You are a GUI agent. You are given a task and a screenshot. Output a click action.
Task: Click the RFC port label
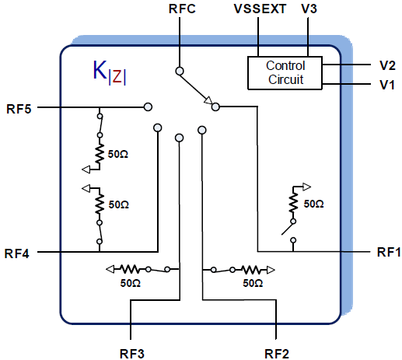pyautogui.click(x=182, y=9)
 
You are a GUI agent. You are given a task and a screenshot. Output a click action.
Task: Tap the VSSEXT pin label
pyautogui.click(x=260, y=9)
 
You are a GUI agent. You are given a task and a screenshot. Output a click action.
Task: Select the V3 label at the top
pyautogui.click(x=309, y=9)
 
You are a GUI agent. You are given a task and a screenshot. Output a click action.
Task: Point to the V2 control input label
pyautogui.click(x=387, y=65)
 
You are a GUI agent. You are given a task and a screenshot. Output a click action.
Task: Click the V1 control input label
pyautogui.click(x=387, y=85)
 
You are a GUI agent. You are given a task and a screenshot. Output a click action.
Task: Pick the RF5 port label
pyautogui.click(x=19, y=109)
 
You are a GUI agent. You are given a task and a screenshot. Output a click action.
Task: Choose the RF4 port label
pyautogui.click(x=17, y=253)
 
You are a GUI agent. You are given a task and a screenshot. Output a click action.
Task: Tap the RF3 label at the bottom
pyautogui.click(x=132, y=354)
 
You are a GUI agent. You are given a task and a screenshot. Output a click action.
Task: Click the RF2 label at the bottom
pyautogui.click(x=276, y=354)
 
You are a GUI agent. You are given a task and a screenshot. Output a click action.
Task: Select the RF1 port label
pyautogui.click(x=389, y=252)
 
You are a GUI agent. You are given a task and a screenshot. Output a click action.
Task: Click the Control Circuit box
pyautogui.click(x=285, y=73)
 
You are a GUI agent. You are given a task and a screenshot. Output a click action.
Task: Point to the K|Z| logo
pyautogui.click(x=110, y=72)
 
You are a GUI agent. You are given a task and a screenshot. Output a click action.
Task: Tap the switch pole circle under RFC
pyautogui.click(x=180, y=71)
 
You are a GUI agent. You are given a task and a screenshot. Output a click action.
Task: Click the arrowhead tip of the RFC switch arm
pyautogui.click(x=212, y=103)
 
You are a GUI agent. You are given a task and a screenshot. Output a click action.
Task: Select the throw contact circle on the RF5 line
pyautogui.click(x=148, y=107)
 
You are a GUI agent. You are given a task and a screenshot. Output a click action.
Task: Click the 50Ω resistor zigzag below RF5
pyautogui.click(x=100, y=154)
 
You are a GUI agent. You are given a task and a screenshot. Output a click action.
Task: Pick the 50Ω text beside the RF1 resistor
pyautogui.click(x=313, y=204)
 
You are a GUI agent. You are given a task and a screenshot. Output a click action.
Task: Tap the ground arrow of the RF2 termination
pyautogui.click(x=271, y=270)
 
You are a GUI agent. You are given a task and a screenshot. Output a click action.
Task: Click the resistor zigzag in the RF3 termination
pyautogui.click(x=130, y=269)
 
